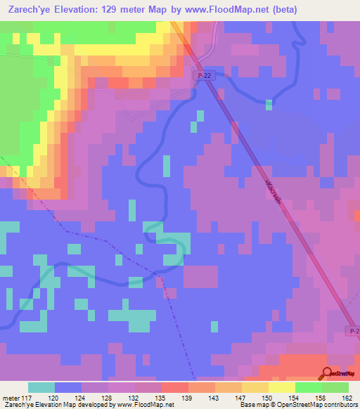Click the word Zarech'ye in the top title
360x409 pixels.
(31, 10)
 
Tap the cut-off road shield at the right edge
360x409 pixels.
(354, 330)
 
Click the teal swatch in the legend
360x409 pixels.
(41, 387)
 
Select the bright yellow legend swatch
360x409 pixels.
(281, 387)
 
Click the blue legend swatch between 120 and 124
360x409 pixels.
(68, 387)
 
